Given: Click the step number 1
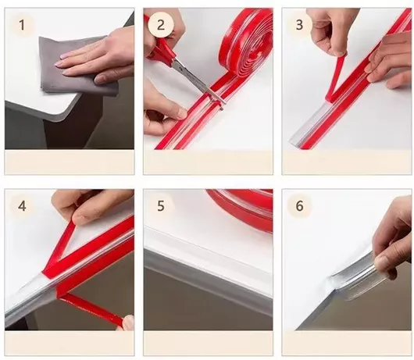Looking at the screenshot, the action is point(22,26).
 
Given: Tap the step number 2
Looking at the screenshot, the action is point(161,25).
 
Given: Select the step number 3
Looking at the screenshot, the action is point(299,24).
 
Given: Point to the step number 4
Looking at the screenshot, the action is point(22,206).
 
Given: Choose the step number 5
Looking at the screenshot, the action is point(161,205).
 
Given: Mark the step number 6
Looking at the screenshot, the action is point(299,206).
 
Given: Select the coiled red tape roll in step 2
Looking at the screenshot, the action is point(245,48).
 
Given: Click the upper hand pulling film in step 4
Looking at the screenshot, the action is point(87,207).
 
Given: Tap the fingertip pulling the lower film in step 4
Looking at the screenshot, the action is point(128,323).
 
